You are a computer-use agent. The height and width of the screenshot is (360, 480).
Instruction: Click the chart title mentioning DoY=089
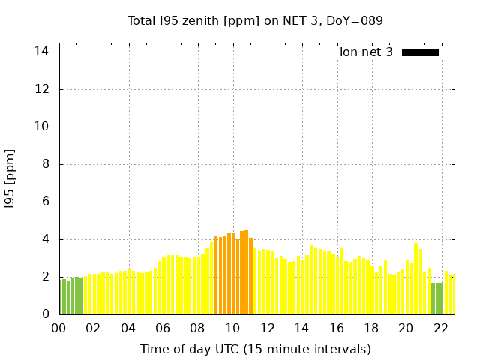point(255,20)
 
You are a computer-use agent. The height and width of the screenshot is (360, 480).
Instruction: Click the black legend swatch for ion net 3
point(420,52)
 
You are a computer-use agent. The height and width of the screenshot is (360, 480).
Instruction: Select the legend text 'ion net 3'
point(366,52)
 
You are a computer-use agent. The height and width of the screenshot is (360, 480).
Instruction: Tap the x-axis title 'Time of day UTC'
point(255,349)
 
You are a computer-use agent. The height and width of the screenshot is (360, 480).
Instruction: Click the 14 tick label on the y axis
point(42,52)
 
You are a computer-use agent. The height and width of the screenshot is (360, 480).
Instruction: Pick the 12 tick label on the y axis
point(42,89)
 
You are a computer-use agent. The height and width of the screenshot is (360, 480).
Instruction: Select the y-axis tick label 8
point(46,164)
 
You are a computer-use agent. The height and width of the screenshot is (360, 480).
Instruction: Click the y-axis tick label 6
point(46,202)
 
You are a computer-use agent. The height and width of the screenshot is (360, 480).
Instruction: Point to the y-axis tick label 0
point(46,314)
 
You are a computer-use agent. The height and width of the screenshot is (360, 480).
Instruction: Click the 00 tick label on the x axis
point(58,328)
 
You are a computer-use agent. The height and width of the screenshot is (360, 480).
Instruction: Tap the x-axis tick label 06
point(163,328)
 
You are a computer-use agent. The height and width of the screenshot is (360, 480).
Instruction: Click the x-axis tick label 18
point(371,328)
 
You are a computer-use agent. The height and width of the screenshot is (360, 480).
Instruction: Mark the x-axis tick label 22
point(441,328)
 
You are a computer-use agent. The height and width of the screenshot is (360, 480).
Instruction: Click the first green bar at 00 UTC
point(61,297)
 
